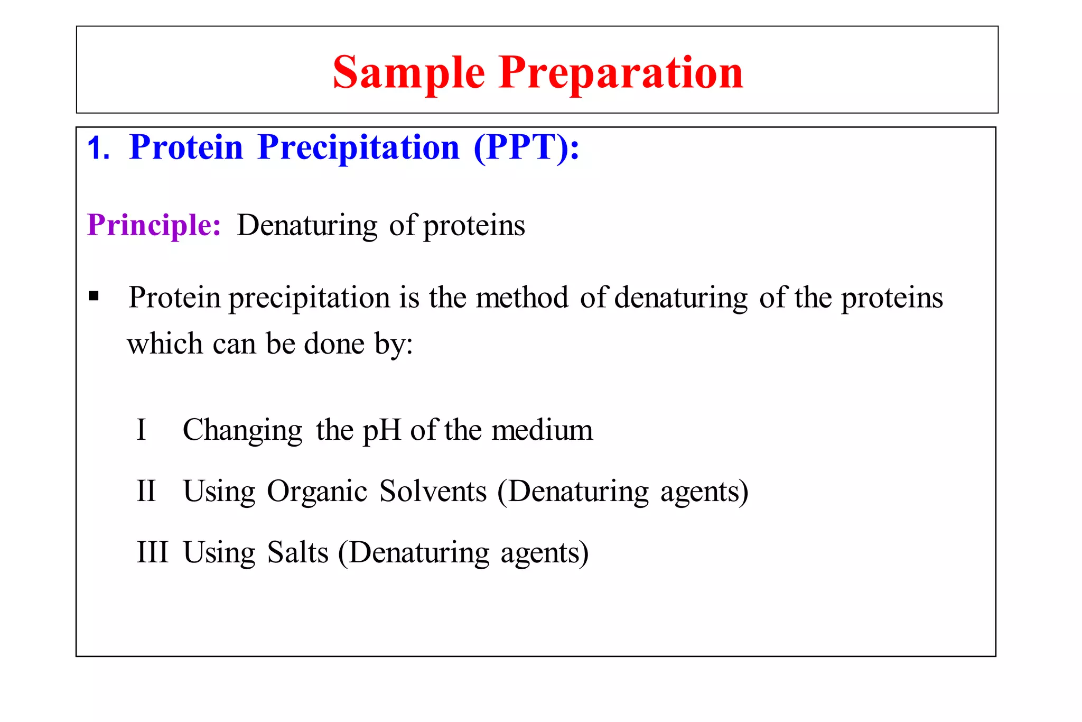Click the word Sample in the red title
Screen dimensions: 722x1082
point(408,73)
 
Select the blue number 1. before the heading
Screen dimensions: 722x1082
point(98,147)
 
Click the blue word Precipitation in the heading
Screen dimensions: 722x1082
point(359,147)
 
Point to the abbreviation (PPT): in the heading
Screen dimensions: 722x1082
point(526,147)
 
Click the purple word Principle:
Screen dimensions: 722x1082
point(154,226)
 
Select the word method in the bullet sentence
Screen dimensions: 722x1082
point(522,297)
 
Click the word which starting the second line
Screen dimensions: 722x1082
point(165,344)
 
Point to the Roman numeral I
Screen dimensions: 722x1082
point(141,430)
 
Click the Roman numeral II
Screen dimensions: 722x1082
point(146,491)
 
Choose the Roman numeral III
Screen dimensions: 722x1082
point(152,552)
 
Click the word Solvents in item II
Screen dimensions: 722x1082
point(433,491)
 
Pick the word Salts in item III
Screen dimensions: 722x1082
point(297,552)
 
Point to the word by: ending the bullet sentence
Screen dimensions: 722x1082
point(394,344)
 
